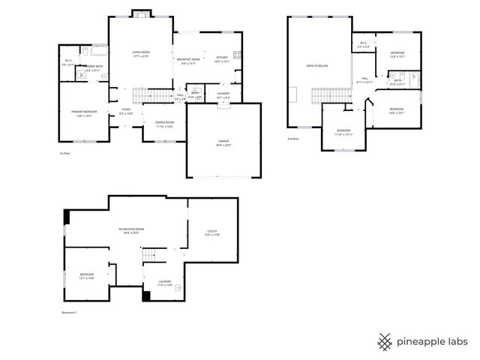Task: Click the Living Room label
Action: click(140, 54)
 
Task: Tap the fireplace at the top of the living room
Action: click(140, 13)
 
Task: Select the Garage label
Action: click(223, 142)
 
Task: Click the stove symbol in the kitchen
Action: click(238, 55)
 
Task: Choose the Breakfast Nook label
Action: click(189, 59)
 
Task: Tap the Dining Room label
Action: click(165, 124)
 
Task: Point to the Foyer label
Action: click(126, 110)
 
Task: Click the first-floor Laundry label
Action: click(223, 94)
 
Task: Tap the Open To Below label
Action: click(317, 66)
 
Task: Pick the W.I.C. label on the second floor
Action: click(363, 43)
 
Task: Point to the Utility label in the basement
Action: click(211, 232)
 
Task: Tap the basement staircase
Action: click(150, 256)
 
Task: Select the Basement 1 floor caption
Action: click(69, 312)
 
